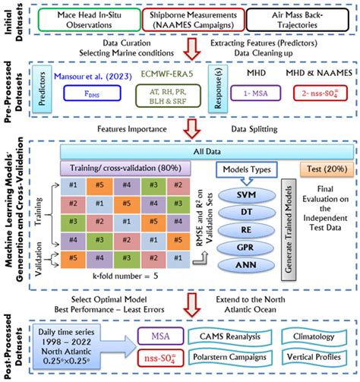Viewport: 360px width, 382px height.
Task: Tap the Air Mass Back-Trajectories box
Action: point(287,20)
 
